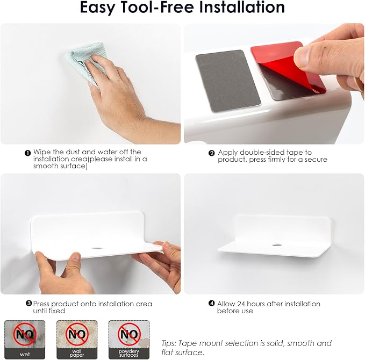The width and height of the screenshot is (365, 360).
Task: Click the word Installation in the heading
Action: click(242, 7)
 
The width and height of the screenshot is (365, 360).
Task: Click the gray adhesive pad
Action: click(228, 81)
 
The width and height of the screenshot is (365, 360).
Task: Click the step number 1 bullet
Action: click(28, 153)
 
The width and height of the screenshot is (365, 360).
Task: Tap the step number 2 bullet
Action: click(211, 153)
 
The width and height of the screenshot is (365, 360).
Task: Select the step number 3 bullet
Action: click(28, 304)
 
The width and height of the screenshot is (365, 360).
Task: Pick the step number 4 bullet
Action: click(212, 304)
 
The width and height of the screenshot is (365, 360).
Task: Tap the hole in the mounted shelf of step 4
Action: click(276, 245)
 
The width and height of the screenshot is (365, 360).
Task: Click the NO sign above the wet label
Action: click(25, 334)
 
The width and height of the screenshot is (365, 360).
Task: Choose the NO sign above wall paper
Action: click(77, 334)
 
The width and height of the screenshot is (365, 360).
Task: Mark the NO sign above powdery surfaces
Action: click(129, 334)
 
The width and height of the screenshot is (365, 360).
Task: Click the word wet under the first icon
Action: click(25, 355)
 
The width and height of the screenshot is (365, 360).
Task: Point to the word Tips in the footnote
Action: click(169, 343)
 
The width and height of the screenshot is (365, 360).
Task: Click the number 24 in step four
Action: click(241, 304)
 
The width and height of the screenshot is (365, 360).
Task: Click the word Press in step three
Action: click(41, 304)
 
